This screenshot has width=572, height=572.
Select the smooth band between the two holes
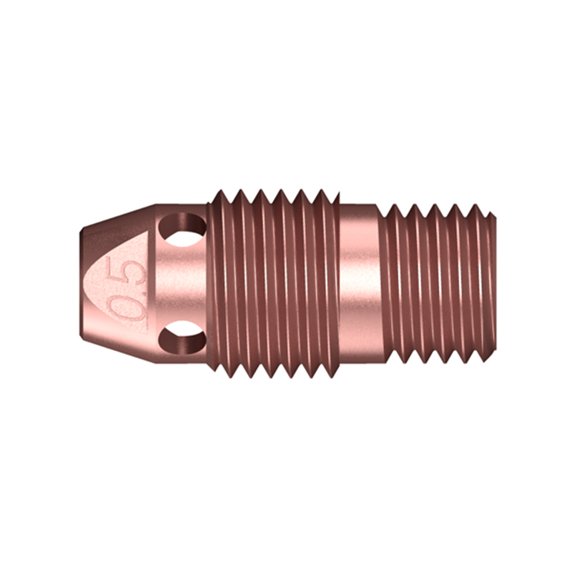tap(182, 282)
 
